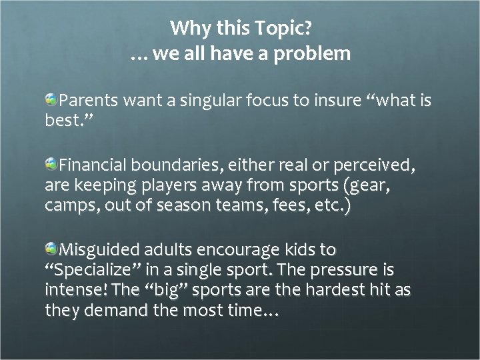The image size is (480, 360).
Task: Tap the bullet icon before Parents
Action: pyautogui.click(x=51, y=100)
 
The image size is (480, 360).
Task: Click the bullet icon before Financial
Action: pyautogui.click(x=51, y=163)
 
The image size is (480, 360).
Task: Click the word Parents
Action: pyautogui.click(x=89, y=101)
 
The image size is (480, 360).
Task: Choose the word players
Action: pyautogui.click(x=164, y=185)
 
